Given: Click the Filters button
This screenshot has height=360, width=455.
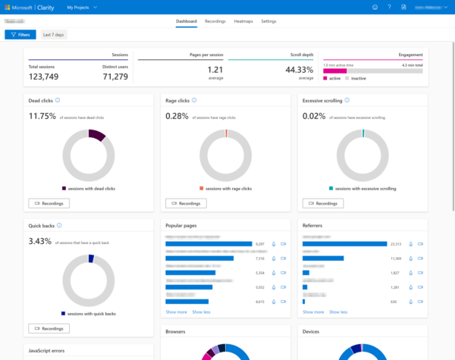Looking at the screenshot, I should tap(20, 35).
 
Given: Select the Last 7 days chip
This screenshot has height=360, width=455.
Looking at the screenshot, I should tap(53, 35).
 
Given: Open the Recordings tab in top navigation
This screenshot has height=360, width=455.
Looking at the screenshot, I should tap(215, 21).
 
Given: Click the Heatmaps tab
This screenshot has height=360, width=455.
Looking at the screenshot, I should tap(243, 21).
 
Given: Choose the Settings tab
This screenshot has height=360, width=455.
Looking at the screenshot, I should tap(268, 21).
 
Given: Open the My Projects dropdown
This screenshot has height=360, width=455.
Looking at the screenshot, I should tap(82, 7).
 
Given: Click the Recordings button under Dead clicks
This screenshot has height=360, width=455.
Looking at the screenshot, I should tap(49, 203).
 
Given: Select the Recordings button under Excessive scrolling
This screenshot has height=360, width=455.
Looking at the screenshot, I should tap(322, 203).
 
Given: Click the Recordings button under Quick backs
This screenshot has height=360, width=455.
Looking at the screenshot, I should tap(49, 328).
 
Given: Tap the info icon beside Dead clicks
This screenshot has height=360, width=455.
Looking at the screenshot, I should tap(58, 100).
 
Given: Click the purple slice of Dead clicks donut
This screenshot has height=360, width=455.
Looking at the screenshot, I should tap(96, 135).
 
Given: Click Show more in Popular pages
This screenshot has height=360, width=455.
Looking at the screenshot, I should tap(176, 311).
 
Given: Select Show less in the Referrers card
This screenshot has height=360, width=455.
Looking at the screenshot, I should tap(338, 311).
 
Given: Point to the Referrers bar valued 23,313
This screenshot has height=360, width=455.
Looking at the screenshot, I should tap(344, 244).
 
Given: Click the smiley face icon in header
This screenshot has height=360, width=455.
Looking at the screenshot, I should tap(375, 7).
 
